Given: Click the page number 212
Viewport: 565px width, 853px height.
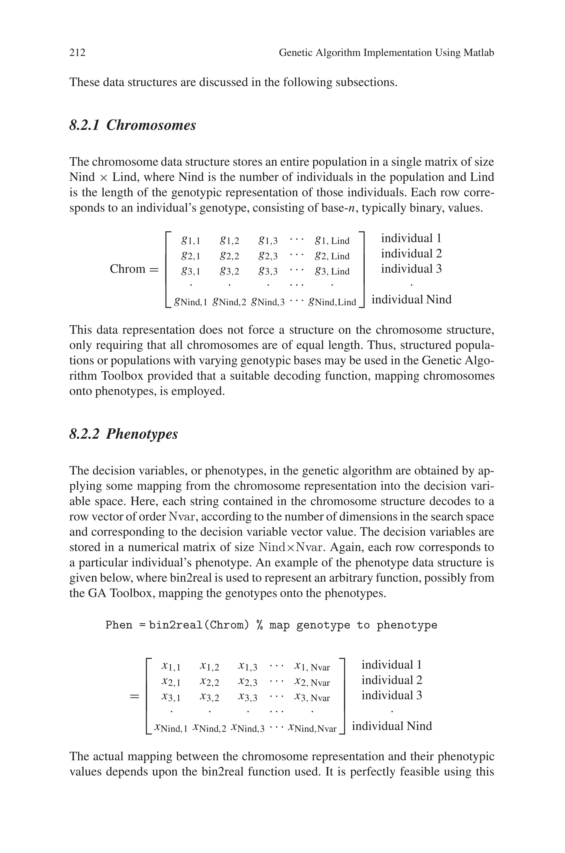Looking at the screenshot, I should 78,53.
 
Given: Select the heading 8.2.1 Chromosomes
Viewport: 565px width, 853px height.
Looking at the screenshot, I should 133,125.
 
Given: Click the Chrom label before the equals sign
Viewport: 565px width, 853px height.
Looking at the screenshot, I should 127,269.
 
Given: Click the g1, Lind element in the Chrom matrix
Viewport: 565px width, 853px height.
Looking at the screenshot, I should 332,240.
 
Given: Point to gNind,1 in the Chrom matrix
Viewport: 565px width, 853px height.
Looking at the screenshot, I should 190,302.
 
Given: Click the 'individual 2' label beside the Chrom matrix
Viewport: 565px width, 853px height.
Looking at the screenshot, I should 411,254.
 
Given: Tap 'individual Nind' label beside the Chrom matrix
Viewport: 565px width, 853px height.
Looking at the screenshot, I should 411,300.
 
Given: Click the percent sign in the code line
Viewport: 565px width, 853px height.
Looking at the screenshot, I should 259,625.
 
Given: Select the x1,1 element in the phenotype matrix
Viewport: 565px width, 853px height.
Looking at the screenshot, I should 171,667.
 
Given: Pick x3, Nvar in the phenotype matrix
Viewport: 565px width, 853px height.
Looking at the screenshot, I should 312,698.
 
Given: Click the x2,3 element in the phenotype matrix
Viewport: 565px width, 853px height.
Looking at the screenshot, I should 248,682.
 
